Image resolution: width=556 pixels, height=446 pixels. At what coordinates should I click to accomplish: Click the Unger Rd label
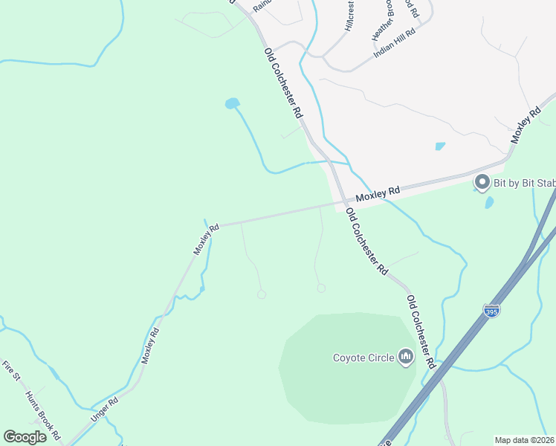click(105, 410)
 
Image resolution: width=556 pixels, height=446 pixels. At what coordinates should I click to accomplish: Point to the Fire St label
click(10, 371)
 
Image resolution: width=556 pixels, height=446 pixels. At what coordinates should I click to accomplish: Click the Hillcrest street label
click(349, 15)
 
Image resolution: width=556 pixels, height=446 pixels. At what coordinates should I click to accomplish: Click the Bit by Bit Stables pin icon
click(482, 181)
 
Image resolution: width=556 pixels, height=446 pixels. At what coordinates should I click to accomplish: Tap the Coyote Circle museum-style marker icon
click(406, 358)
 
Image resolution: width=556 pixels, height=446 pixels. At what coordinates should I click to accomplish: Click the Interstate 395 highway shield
click(491, 309)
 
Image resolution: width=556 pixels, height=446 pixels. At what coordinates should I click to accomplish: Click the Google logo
click(25, 436)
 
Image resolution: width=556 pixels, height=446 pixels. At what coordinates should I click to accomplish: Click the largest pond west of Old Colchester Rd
click(233, 103)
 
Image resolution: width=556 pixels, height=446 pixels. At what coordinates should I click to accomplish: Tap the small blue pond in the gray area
click(440, 146)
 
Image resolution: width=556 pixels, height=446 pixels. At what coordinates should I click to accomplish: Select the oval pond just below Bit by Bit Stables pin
click(489, 201)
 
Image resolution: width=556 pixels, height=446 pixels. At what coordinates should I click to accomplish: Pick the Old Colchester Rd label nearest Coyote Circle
click(420, 332)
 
